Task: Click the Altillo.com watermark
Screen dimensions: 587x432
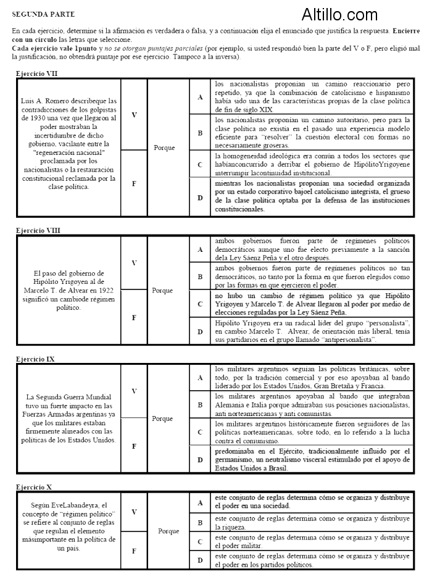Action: (339, 14)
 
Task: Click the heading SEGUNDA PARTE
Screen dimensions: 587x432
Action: (39, 12)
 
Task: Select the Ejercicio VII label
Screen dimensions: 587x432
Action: (37, 73)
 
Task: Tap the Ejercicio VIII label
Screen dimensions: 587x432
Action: (38, 230)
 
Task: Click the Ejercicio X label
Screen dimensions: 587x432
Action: (35, 487)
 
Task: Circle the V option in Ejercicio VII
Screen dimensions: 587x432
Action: (134, 114)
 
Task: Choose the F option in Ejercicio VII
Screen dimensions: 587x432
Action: (134, 183)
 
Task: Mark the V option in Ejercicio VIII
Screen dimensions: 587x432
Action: (134, 263)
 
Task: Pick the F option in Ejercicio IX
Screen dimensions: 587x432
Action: (134, 446)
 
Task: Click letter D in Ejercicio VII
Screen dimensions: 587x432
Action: (199, 198)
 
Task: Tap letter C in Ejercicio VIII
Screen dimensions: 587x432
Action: (199, 304)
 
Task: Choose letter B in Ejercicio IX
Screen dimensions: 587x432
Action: (199, 405)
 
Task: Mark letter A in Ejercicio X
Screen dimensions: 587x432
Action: (199, 502)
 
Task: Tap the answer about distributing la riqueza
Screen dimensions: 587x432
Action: (313, 523)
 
